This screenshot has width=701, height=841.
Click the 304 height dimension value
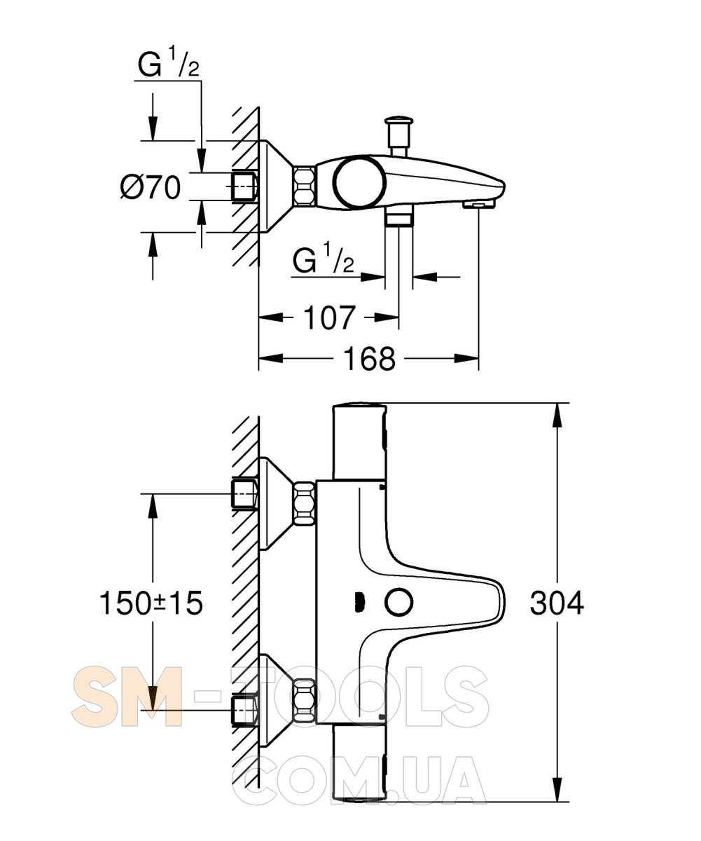557,603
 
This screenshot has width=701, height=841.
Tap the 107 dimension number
329,317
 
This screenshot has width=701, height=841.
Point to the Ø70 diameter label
151,187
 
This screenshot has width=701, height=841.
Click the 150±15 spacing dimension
151,603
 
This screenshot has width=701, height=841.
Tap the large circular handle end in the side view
360,183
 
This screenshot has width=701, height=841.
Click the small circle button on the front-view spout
398,603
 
